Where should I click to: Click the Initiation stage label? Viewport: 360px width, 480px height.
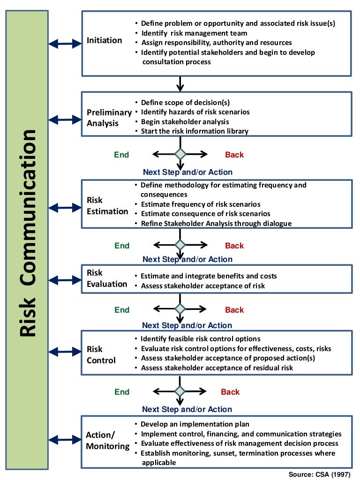(x=104, y=40)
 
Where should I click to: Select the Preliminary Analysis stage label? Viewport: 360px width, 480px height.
(x=109, y=118)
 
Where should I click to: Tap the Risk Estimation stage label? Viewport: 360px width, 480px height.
(x=107, y=206)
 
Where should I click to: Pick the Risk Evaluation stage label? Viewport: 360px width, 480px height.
(x=107, y=278)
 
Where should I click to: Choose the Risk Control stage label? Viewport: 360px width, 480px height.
(x=101, y=355)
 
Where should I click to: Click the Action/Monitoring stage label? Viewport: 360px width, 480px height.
(x=107, y=441)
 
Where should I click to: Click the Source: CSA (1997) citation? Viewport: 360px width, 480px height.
(x=319, y=474)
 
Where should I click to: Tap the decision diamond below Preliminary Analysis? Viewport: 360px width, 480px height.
(x=180, y=154)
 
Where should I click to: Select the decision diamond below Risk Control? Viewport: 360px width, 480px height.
(x=180, y=391)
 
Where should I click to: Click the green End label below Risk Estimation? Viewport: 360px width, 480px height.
(x=122, y=246)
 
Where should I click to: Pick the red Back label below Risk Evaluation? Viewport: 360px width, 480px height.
(x=234, y=310)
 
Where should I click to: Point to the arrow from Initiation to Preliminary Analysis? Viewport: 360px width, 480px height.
(x=180, y=83)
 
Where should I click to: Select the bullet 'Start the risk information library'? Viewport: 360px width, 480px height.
(x=195, y=131)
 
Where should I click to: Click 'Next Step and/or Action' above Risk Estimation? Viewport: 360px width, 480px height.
(x=187, y=172)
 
